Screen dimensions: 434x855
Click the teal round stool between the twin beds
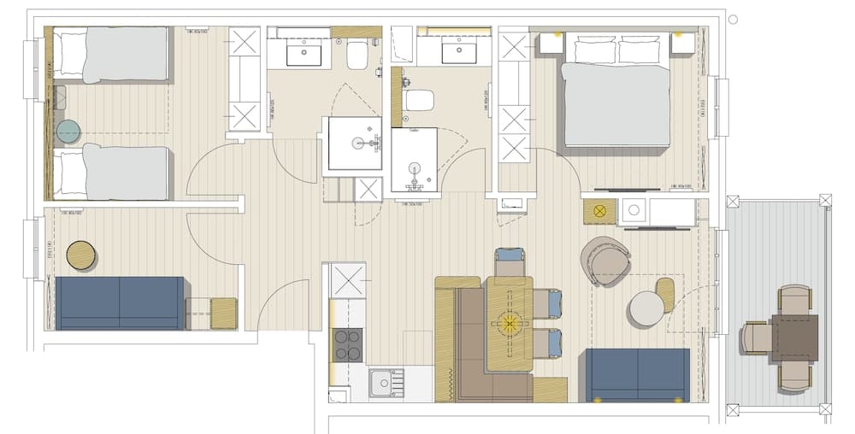pyautogui.click(x=68, y=132)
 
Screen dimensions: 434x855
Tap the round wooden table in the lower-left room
pyautogui.click(x=81, y=255)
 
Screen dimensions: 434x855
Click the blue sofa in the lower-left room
pyautogui.click(x=120, y=302)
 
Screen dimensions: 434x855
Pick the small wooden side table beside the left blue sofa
pyautogui.click(x=224, y=313)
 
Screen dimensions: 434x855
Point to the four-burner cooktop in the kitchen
pyautogui.click(x=347, y=344)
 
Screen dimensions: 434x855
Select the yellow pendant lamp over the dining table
pyautogui.click(x=510, y=324)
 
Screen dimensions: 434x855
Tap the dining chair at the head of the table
pyautogui.click(x=510, y=261)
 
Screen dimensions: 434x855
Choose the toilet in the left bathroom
pyautogui.click(x=357, y=56)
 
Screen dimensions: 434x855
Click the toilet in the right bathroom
pyautogui.click(x=419, y=100)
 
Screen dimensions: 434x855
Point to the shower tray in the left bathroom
pyautogui.click(x=355, y=144)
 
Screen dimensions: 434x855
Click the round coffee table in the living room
pyautogui.click(x=646, y=308)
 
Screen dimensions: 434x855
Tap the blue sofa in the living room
pyautogui.click(x=637, y=374)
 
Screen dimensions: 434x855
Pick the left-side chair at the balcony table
pyautogui.click(x=757, y=337)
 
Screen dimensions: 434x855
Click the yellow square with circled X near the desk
pyautogui.click(x=599, y=210)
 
